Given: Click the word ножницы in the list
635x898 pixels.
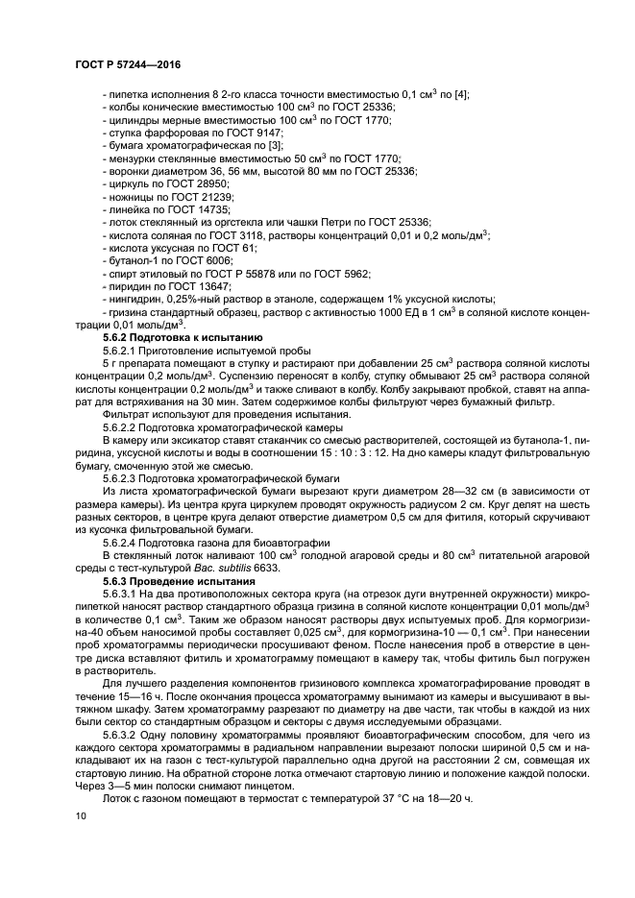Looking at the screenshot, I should coord(126,195).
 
